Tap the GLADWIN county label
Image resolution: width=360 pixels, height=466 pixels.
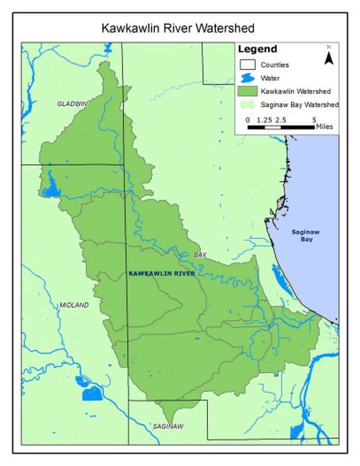[72, 104]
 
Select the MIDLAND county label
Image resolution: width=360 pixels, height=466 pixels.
[74, 305]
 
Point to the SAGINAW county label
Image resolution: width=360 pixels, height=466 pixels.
[168, 426]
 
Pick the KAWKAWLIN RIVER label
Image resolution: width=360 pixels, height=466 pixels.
[162, 274]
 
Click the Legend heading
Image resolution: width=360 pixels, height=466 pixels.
[257, 50]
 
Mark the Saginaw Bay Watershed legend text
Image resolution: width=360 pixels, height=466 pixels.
[300, 105]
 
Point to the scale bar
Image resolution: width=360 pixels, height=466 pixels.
[281, 127]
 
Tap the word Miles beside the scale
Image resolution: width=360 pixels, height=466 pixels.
[325, 127]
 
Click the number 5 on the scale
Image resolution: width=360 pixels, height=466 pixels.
[314, 120]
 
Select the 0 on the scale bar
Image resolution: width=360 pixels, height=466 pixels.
[248, 120]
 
